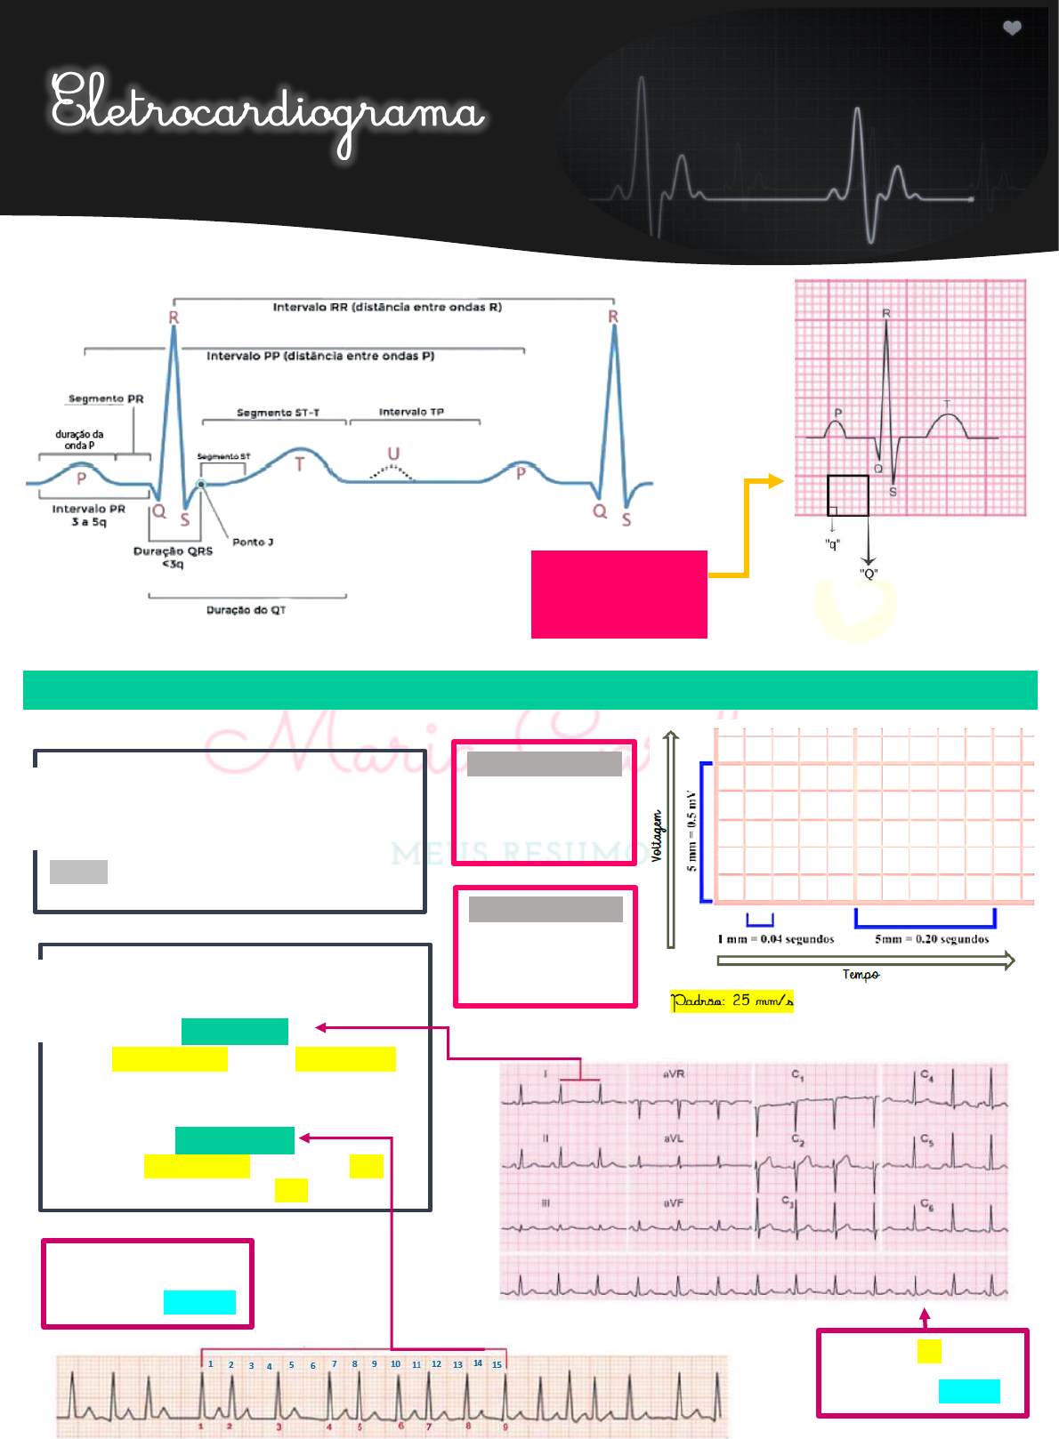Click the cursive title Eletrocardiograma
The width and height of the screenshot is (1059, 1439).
pyautogui.click(x=267, y=111)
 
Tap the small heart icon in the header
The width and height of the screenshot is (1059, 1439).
pyautogui.click(x=1012, y=28)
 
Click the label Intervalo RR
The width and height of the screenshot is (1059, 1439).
pyautogui.click(x=387, y=308)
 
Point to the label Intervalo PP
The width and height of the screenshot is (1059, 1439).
pyautogui.click(x=320, y=356)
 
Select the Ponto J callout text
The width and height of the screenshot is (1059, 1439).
pyautogui.click(x=253, y=542)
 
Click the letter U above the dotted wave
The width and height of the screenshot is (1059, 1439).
pyautogui.click(x=393, y=454)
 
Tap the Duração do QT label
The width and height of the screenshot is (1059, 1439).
pyautogui.click(x=247, y=610)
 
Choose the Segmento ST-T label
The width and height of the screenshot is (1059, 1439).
pyautogui.click(x=278, y=413)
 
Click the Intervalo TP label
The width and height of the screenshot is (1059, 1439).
pyautogui.click(x=411, y=412)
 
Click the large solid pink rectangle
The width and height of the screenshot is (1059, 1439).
pyautogui.click(x=618, y=594)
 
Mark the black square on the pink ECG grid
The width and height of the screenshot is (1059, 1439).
pyautogui.click(x=847, y=495)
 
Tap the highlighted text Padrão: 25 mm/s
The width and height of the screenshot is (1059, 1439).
pyautogui.click(x=732, y=1001)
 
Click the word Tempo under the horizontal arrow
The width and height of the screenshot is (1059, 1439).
pyautogui.click(x=861, y=975)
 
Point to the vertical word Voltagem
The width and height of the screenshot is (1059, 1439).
pyautogui.click(x=657, y=836)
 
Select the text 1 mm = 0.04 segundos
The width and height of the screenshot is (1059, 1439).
pyautogui.click(x=776, y=939)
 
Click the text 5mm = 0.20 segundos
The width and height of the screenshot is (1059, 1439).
pyautogui.click(x=932, y=939)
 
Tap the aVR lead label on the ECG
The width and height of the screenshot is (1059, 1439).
pyautogui.click(x=674, y=1074)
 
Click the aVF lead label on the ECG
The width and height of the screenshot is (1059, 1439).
pyautogui.click(x=674, y=1203)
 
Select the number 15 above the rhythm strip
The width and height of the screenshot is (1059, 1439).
pyautogui.click(x=497, y=1364)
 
